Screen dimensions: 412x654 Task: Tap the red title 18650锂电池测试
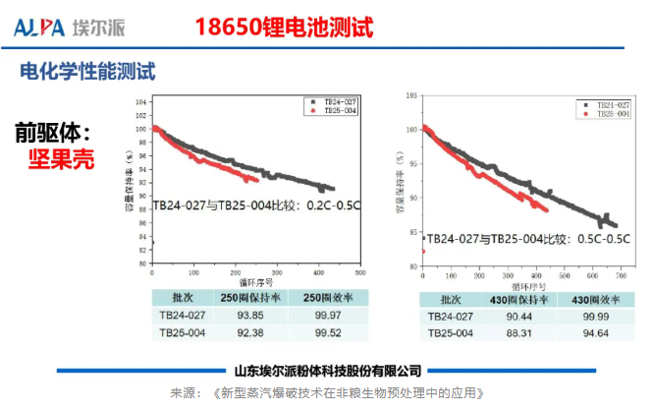point(285,27)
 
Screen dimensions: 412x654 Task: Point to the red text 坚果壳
point(61,158)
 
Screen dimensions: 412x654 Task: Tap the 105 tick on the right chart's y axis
point(413,96)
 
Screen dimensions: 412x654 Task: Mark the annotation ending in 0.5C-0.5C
point(528,238)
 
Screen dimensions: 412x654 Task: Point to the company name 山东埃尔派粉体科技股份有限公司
point(328,371)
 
